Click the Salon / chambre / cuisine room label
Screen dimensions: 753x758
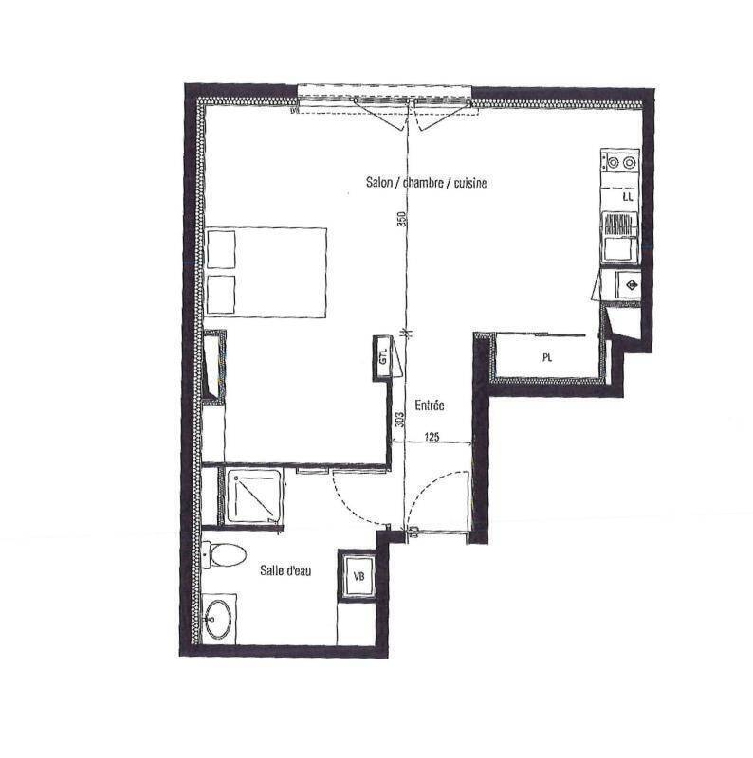426,182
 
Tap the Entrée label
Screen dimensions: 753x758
430,406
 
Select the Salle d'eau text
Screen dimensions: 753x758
285,570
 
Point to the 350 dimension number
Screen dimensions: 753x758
401,220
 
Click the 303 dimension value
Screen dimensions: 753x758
399,419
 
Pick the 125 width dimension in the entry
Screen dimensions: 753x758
432,437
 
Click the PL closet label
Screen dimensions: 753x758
547,358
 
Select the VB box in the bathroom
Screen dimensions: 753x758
358,576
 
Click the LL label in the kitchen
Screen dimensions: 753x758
628,197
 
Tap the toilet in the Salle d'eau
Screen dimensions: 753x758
224,555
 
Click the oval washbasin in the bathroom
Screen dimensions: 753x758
218,620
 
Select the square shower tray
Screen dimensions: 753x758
252,496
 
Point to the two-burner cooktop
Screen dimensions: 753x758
620,162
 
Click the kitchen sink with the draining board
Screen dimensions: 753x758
620,238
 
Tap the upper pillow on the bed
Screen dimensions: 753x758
221,249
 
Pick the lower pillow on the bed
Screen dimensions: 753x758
221,295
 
